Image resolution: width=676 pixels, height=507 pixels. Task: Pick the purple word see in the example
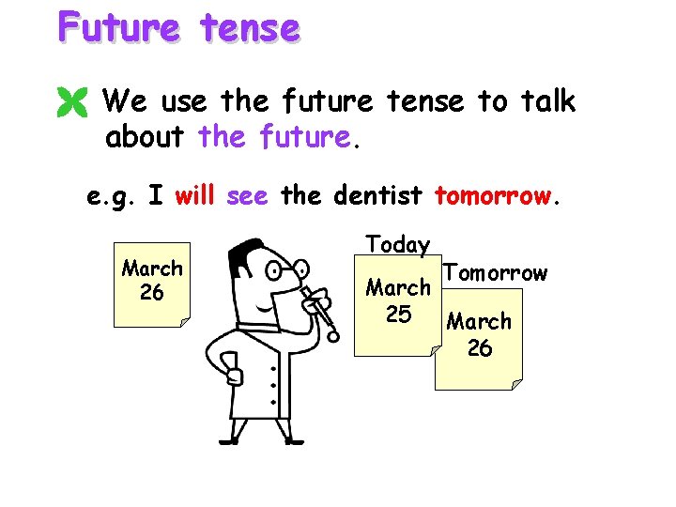(247, 197)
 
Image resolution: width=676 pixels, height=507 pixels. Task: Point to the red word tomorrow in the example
(495, 197)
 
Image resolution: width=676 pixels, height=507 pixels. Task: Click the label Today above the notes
(398, 245)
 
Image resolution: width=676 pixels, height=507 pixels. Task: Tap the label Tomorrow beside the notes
(495, 273)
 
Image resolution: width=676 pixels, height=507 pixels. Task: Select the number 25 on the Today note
(398, 315)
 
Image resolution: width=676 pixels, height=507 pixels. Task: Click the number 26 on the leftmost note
(151, 293)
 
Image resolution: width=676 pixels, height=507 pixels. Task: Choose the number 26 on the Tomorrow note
(480, 348)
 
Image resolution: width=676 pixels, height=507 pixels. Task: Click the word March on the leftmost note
(151, 269)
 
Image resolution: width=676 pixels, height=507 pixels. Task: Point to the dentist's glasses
(281, 273)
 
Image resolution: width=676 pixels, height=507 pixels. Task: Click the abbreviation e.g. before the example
(112, 197)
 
